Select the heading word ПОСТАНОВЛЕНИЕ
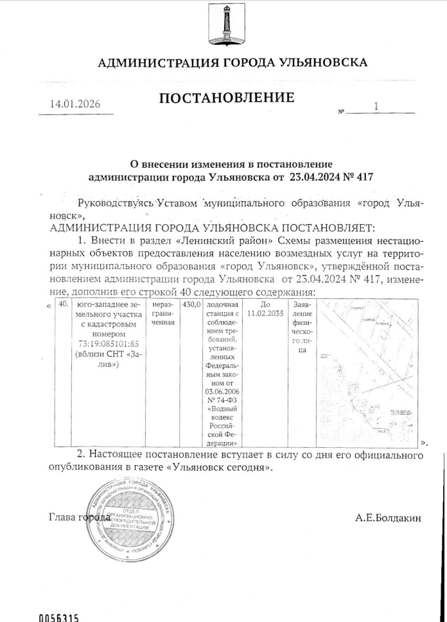(227, 98)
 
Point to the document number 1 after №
(376, 107)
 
